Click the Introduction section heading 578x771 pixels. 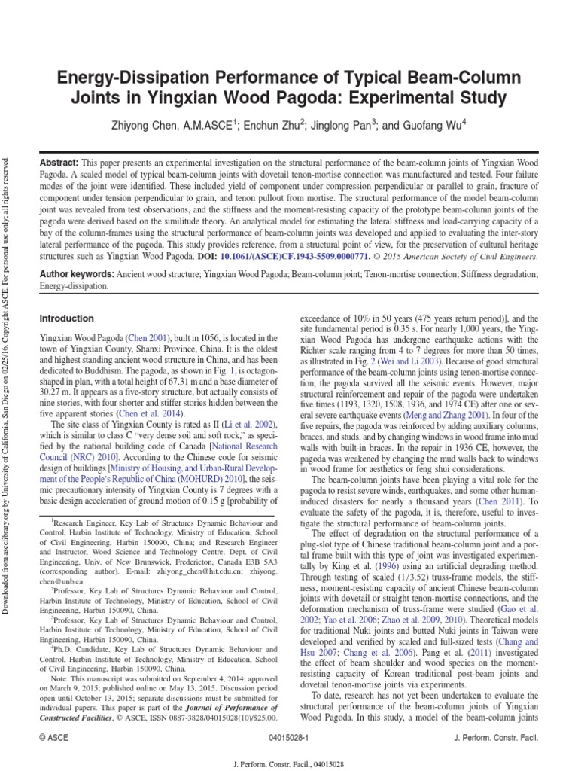coord(67,318)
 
